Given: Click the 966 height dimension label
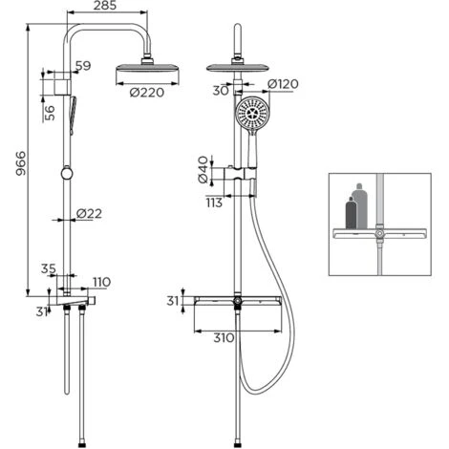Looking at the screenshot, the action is [x=21, y=163].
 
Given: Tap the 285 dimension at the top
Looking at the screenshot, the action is [x=105, y=6].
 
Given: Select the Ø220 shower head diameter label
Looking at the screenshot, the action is [x=147, y=93].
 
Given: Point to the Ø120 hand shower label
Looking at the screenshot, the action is [x=283, y=84].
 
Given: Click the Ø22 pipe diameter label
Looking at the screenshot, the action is [x=89, y=213].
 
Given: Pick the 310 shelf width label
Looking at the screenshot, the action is [x=224, y=338].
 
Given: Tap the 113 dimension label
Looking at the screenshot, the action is [x=214, y=203].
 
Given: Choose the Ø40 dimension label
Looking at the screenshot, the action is [x=203, y=170].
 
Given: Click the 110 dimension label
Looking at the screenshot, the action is [x=102, y=282].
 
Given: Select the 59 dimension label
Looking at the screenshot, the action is [x=83, y=66].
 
